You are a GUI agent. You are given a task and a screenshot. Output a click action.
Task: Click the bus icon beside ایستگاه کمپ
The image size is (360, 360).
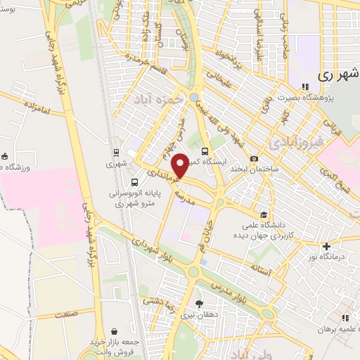click(205, 151)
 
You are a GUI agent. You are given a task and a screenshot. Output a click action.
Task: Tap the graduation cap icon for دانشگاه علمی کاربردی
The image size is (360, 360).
click(263, 215)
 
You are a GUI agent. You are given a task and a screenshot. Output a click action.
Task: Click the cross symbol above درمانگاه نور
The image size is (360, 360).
click(326, 246)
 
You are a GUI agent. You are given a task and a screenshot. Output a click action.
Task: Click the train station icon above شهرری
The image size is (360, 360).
click(115, 152)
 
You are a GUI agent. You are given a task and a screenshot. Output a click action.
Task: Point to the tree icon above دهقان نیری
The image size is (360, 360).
click(200, 304)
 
